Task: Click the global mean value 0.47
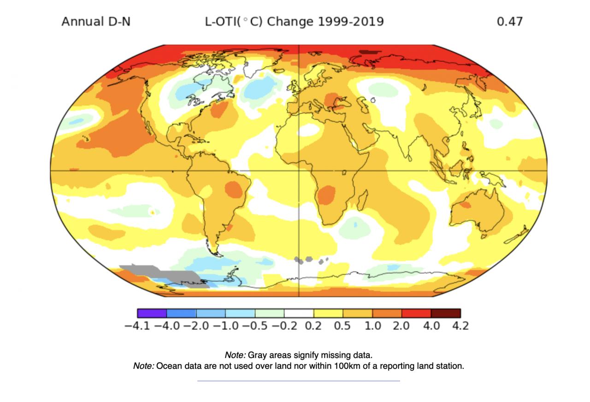point(509,22)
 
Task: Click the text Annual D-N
point(96,22)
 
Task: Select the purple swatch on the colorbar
point(152,313)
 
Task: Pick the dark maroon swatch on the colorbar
point(446,313)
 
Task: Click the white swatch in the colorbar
point(299,313)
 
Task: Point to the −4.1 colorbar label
point(137,326)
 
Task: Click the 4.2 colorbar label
point(460,326)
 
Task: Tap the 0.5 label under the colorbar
point(342,326)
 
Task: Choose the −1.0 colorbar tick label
point(225,326)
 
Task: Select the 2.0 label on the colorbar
point(401,326)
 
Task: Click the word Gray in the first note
point(257,355)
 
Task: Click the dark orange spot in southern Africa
point(327,194)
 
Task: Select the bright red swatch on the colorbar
point(416,313)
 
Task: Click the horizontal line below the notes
point(298,381)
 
